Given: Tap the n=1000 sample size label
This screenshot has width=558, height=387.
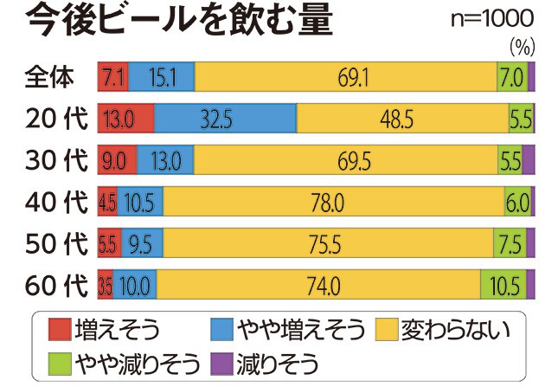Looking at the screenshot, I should coord(492,18).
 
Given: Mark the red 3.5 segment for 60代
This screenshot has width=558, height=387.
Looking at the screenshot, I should coord(106,284).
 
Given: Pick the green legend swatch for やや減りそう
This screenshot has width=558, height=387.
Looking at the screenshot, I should coord(59,359).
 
